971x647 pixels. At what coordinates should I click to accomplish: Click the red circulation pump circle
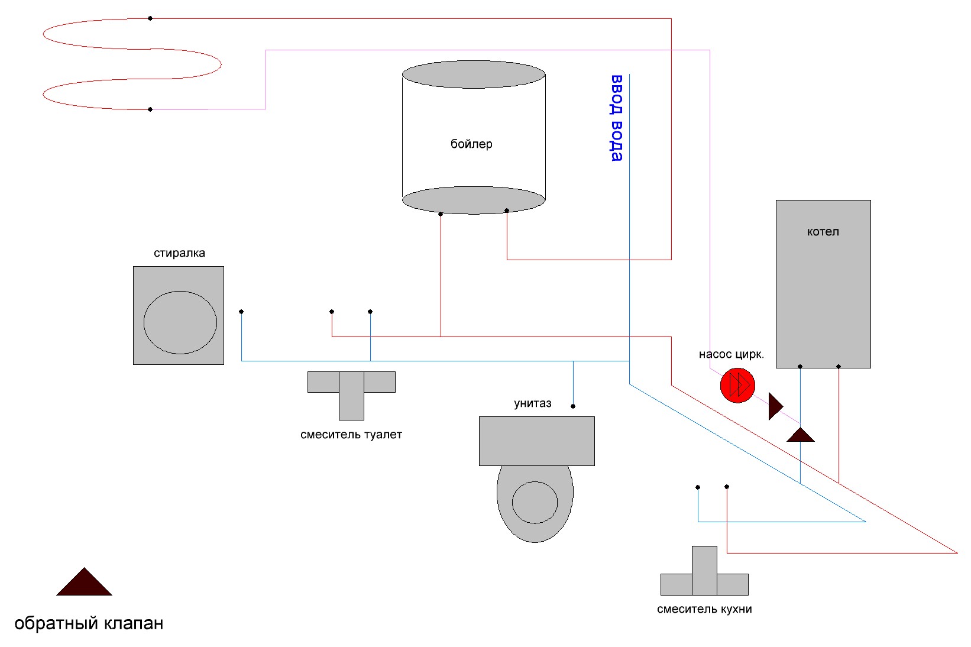pos(737,386)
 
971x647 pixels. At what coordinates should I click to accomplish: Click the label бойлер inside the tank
pos(471,144)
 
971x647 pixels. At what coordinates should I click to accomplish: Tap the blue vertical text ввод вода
pos(617,118)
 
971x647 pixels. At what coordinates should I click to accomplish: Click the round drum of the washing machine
pos(180,322)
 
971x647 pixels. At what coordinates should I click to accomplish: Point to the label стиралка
pos(179,253)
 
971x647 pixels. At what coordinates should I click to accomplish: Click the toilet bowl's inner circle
pos(535,502)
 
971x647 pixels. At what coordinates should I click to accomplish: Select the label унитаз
pos(532,403)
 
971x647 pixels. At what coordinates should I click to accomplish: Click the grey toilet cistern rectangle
pos(536,441)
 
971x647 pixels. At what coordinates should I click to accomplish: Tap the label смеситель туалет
pos(351,435)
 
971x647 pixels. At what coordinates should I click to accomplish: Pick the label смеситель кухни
pos(704,609)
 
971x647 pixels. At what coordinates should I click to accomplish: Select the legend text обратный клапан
pos(89,623)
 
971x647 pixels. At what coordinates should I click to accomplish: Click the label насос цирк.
pos(731,354)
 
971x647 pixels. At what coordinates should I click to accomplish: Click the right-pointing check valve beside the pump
pos(775,406)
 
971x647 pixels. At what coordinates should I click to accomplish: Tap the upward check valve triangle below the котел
pos(801,436)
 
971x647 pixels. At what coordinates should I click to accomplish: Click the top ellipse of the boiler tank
pos(474,75)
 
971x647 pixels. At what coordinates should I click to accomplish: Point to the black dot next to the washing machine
pos(241,312)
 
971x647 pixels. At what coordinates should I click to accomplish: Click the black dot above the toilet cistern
pos(573,406)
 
